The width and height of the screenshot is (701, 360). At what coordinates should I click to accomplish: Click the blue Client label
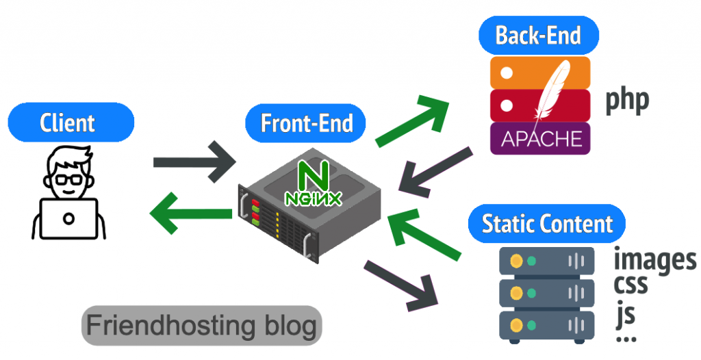tap(68, 123)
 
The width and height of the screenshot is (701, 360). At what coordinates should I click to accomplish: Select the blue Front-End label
tap(306, 123)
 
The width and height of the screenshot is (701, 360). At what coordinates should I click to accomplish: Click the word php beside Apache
tap(626, 101)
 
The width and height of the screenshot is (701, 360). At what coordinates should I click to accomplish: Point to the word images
tap(654, 260)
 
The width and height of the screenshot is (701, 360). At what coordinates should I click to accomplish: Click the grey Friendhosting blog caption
tap(201, 325)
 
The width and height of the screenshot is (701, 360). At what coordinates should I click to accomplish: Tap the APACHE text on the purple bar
tap(541, 139)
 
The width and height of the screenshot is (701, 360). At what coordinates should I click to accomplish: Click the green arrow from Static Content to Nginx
tap(424, 236)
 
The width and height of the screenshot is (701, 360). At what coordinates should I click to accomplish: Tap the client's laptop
tap(68, 218)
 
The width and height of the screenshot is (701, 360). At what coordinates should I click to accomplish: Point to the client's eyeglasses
tap(68, 180)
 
